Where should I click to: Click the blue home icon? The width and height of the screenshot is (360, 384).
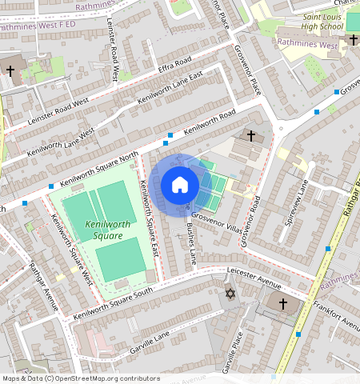[x=180, y=185]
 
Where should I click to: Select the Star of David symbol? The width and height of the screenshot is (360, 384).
[x=230, y=296]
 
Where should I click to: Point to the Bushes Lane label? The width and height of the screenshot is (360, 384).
[x=191, y=244]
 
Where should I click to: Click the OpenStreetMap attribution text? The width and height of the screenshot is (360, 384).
[x=81, y=378]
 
